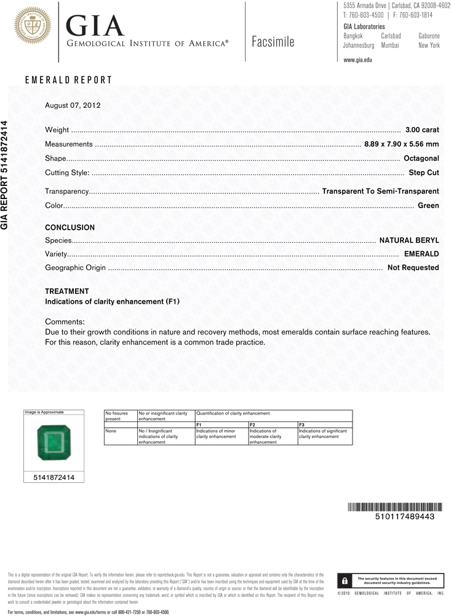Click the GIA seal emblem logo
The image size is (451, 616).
(x=31, y=25)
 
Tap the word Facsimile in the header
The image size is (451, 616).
(x=273, y=42)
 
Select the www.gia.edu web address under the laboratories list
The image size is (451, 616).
(x=357, y=60)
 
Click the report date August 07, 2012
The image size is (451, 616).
(x=73, y=105)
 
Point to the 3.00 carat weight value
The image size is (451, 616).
(x=422, y=130)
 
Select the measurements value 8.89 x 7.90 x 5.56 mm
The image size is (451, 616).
(x=401, y=144)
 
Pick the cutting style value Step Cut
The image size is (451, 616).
(x=423, y=173)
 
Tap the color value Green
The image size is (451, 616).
(x=428, y=206)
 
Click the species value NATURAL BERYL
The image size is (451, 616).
(x=409, y=240)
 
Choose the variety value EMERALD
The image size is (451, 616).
(x=421, y=254)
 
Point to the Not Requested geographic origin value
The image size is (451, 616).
(x=413, y=268)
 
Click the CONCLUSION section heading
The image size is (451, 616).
(x=70, y=228)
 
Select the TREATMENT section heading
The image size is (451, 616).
(x=67, y=291)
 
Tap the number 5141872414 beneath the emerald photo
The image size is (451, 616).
(x=54, y=477)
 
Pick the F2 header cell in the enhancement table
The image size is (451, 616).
(x=252, y=425)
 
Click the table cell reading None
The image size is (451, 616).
(x=111, y=431)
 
